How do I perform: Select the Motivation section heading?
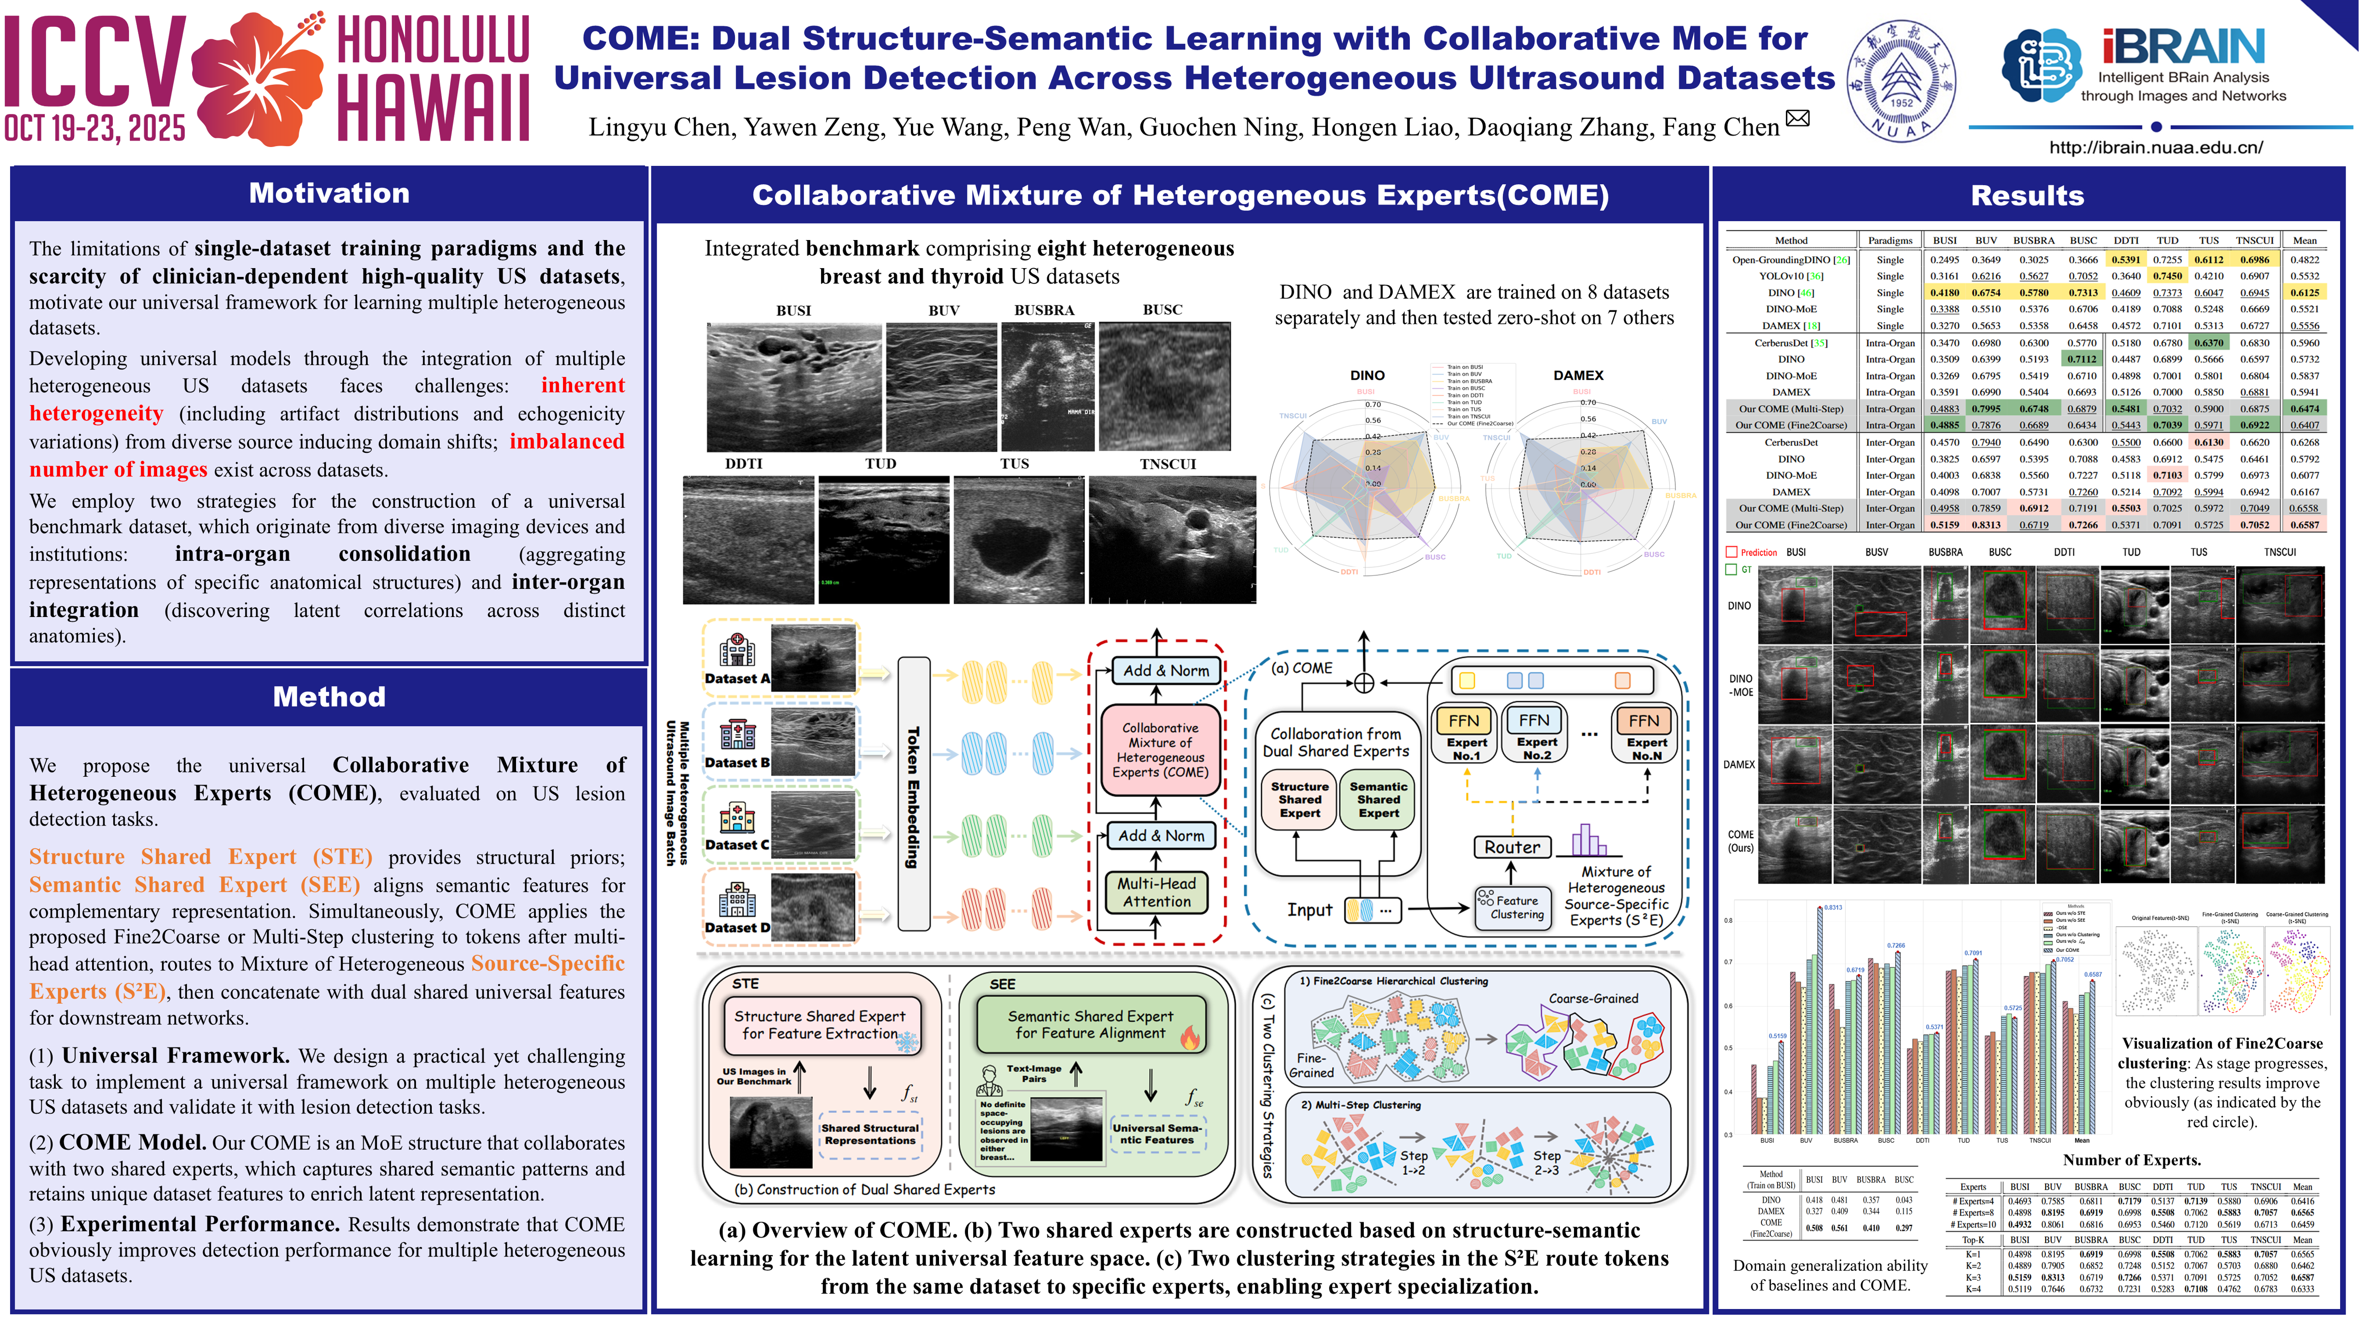point(329,193)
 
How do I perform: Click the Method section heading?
point(329,697)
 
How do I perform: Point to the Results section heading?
point(2027,195)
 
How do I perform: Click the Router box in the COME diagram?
point(1512,847)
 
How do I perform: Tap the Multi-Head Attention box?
point(1156,892)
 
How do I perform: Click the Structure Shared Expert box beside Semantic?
point(1299,799)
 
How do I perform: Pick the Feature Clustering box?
point(1513,907)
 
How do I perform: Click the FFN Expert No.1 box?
point(1465,733)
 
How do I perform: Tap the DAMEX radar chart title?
point(1578,376)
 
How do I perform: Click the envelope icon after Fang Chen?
point(1798,118)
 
